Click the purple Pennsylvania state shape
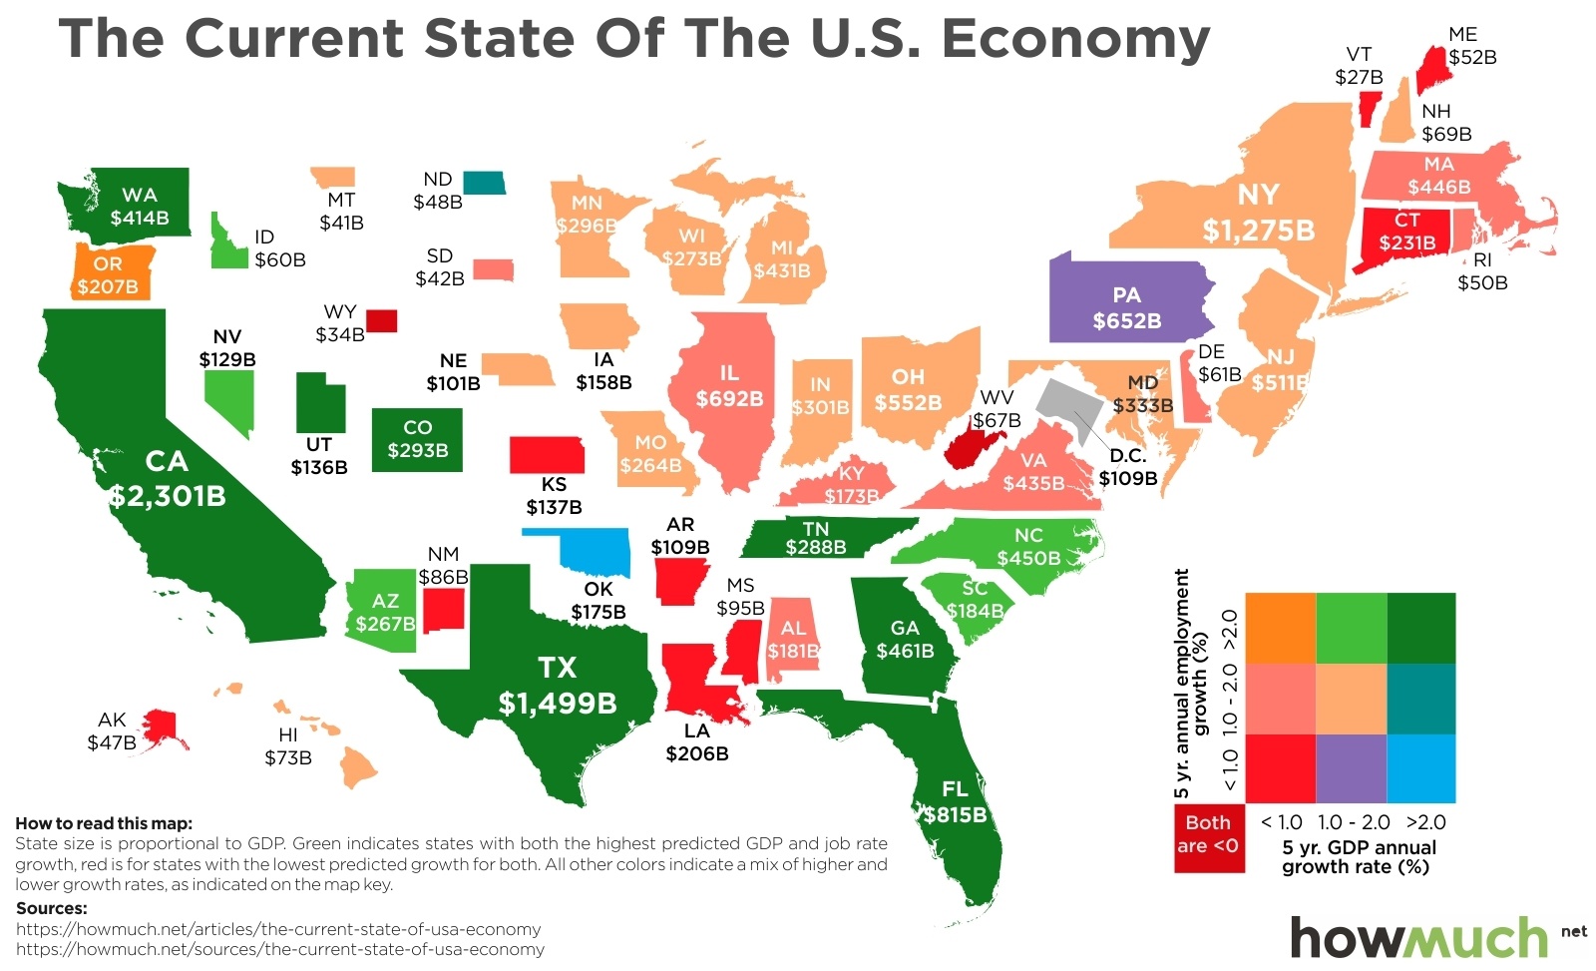(1127, 299)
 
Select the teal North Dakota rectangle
(485, 183)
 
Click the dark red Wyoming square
(381, 320)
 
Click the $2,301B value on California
(168, 496)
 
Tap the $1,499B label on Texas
(558, 704)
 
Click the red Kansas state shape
(547, 455)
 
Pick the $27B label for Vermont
(1359, 77)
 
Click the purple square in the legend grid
(1351, 768)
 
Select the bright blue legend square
(1420, 768)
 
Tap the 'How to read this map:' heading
(104, 823)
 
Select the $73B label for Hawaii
(288, 757)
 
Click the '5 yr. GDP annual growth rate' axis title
(1359, 857)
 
